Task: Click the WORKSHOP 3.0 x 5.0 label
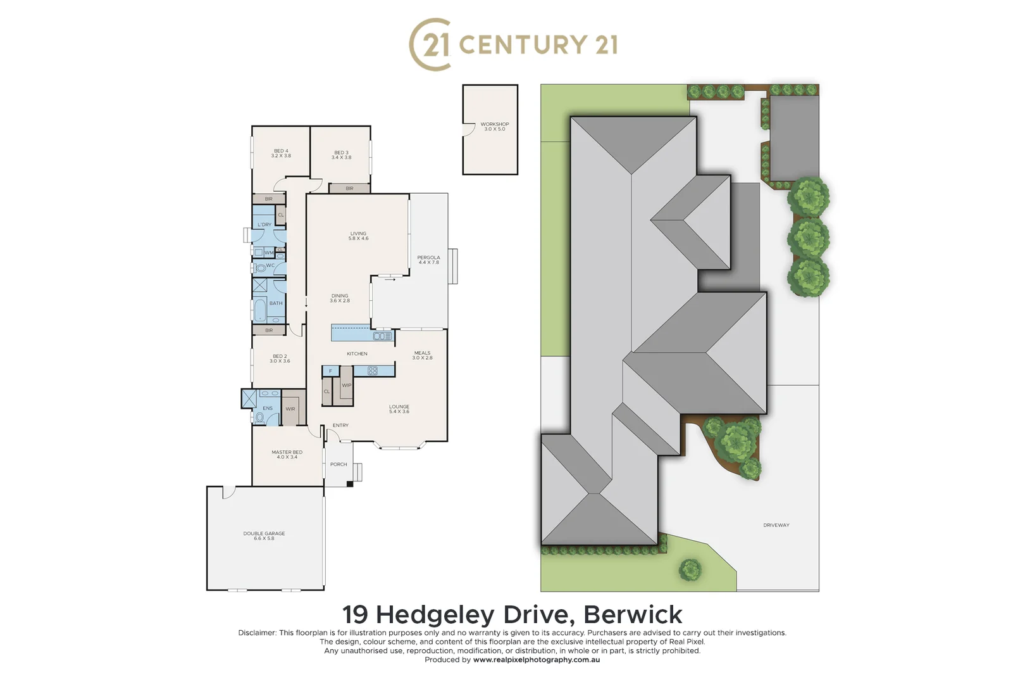(x=494, y=127)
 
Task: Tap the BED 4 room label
(x=281, y=153)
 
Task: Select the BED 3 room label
(x=341, y=155)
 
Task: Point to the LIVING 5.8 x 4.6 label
(x=358, y=236)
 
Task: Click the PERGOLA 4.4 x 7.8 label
(x=428, y=260)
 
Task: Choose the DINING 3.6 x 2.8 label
(x=340, y=298)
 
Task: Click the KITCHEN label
(x=357, y=353)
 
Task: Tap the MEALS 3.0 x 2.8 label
(x=422, y=355)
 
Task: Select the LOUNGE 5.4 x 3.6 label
(x=399, y=409)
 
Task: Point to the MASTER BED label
(x=287, y=454)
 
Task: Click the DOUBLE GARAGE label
(x=264, y=536)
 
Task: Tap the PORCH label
(x=339, y=464)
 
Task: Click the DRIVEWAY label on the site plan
(x=776, y=525)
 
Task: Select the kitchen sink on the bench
(x=382, y=336)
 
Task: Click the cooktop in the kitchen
(x=373, y=371)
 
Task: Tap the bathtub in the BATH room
(x=260, y=310)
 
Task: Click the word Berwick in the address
(x=632, y=614)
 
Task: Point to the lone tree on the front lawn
(x=690, y=569)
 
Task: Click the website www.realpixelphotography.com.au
(x=536, y=660)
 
